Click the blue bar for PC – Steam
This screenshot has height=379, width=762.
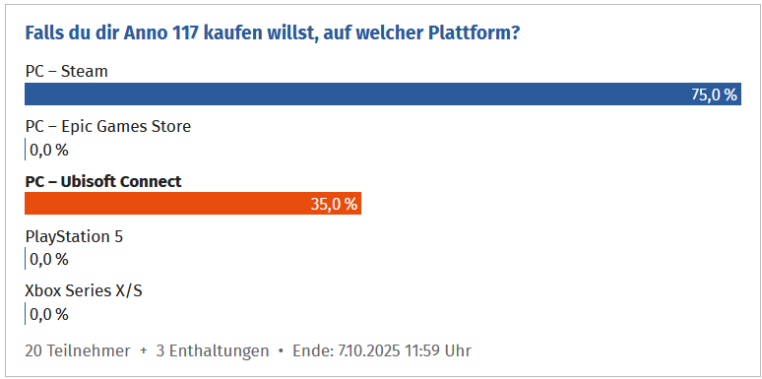pyautogui.click(x=383, y=94)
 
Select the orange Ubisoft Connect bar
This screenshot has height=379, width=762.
pyautogui.click(x=193, y=203)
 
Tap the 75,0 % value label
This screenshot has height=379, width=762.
pyautogui.click(x=714, y=95)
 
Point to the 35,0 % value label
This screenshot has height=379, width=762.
pyautogui.click(x=334, y=204)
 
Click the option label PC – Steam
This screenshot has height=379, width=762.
pyautogui.click(x=67, y=72)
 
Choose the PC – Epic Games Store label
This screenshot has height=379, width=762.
pyautogui.click(x=108, y=127)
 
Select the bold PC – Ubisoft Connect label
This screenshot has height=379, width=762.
pyautogui.click(x=103, y=182)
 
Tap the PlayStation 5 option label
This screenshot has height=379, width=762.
pyautogui.click(x=75, y=237)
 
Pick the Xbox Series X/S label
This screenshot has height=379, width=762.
pyautogui.click(x=84, y=291)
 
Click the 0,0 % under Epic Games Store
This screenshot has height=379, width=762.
pyautogui.click(x=49, y=151)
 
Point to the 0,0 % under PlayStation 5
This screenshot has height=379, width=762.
pyautogui.click(x=49, y=260)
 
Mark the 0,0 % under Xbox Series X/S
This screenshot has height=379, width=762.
pyautogui.click(x=49, y=314)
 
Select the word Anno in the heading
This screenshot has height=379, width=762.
pyautogui.click(x=139, y=33)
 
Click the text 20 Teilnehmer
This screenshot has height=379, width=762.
pyautogui.click(x=78, y=350)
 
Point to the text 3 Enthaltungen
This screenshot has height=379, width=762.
pyautogui.click(x=213, y=350)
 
